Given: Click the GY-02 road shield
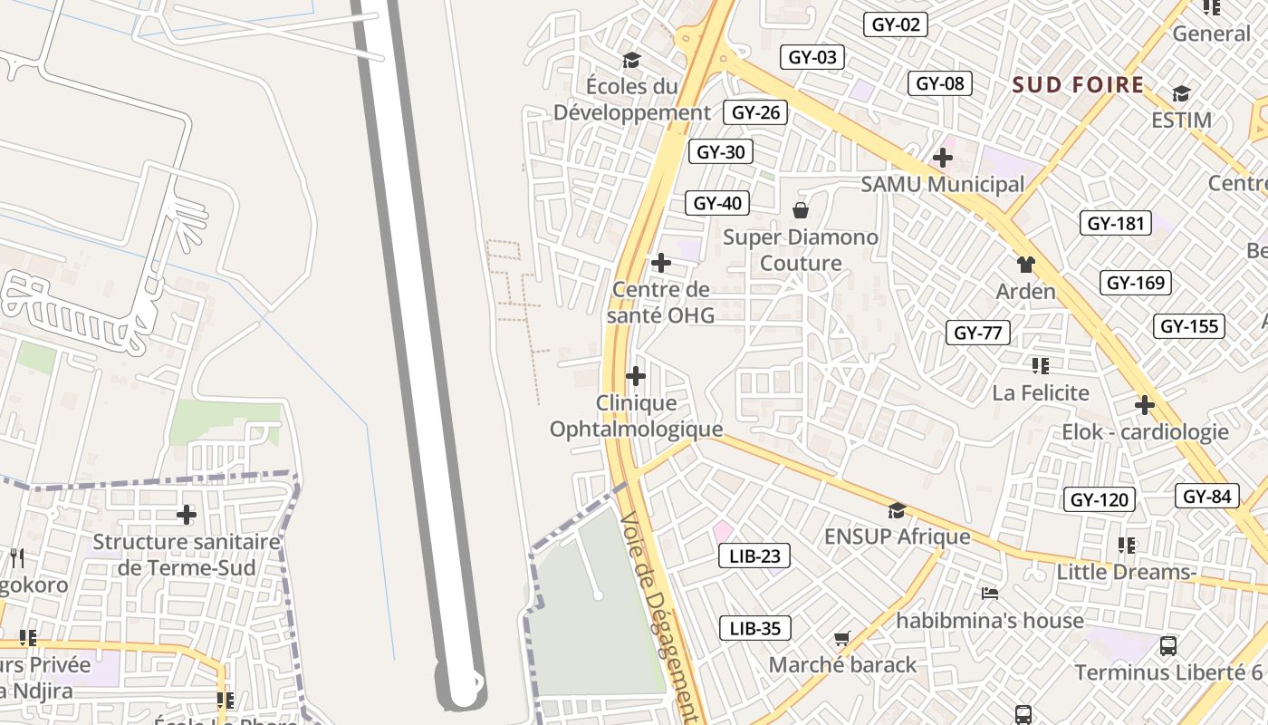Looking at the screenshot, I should click(896, 24).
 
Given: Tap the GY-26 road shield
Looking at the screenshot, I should click(755, 112).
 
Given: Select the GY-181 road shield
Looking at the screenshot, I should click(1116, 223).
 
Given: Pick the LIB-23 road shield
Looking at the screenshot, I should click(754, 556).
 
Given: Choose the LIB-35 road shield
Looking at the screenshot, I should click(754, 628).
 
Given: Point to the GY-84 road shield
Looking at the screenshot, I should click(1206, 496).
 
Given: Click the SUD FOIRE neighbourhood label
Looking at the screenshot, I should click(1078, 85).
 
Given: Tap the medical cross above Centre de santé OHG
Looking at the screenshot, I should click(661, 263).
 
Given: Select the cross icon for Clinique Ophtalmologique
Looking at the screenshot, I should click(636, 375).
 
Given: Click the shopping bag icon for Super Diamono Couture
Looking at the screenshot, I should click(801, 211).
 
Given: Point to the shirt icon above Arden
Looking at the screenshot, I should click(1025, 265).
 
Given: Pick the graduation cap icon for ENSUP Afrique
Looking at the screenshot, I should click(897, 510).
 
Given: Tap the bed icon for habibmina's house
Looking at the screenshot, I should click(990, 594).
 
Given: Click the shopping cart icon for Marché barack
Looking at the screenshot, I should click(842, 638).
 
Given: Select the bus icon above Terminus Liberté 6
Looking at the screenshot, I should click(1168, 646).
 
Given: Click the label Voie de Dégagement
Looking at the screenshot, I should click(658, 616).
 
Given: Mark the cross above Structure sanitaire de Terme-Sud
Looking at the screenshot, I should click(186, 515).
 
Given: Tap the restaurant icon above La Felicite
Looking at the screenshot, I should click(1040, 366).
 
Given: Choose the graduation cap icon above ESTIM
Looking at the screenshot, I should click(1181, 93).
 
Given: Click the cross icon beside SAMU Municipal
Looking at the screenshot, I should click(943, 158).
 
